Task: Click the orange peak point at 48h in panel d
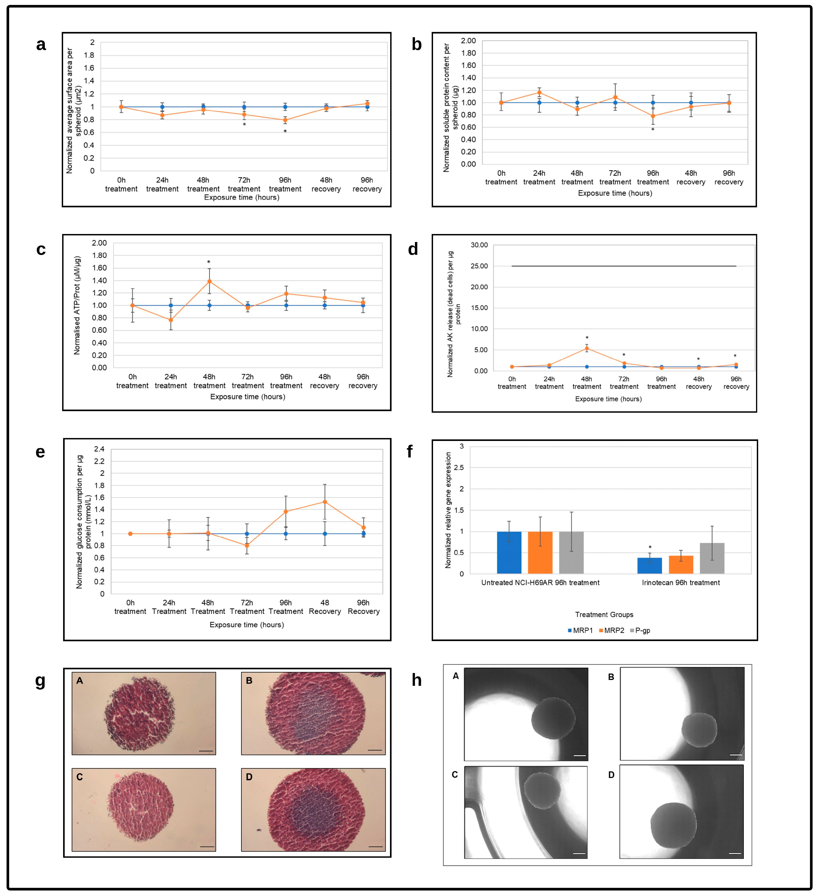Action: (587, 348)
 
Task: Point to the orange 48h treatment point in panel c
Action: (209, 281)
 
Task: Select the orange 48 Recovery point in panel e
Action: (325, 502)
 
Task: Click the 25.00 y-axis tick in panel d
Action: (478, 266)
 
